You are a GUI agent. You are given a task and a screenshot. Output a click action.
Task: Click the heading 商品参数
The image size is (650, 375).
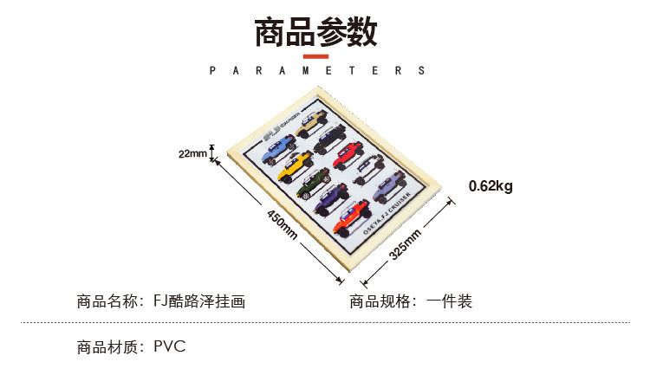point(315,34)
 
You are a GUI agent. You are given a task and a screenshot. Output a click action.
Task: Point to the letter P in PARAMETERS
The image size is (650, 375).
point(213,71)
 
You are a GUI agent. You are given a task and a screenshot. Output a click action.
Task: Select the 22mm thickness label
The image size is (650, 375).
point(192,154)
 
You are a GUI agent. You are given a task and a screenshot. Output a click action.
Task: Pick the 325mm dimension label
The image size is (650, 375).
point(405,243)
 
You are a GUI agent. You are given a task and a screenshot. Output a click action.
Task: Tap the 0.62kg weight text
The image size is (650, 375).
point(491,185)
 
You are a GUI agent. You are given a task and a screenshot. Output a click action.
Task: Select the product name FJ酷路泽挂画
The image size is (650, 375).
point(198,302)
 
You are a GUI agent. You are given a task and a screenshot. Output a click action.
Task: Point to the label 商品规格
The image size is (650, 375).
point(380,302)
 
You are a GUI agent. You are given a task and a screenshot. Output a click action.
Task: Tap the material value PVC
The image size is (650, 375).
point(170,348)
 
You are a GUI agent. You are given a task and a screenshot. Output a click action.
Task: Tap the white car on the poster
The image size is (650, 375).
point(370,165)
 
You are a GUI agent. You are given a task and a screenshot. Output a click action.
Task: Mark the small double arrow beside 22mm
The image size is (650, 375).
point(212,154)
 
